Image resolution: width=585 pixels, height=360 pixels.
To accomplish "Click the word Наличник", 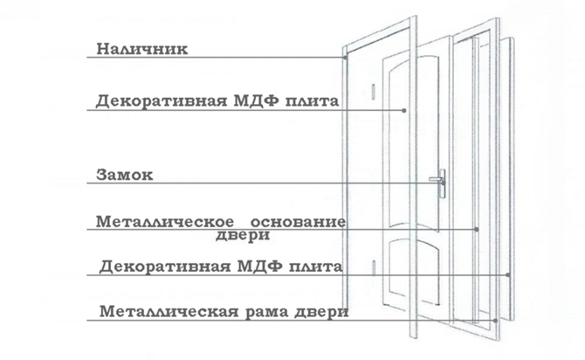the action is (x=142, y=49).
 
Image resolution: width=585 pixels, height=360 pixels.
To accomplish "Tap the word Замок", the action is (x=125, y=175).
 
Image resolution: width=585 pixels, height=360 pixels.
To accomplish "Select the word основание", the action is (x=298, y=222).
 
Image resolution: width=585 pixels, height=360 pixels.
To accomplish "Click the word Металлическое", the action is (x=165, y=222).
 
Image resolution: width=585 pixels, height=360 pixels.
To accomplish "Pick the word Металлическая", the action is (x=169, y=311).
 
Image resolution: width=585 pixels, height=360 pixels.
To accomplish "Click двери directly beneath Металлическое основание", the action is (x=243, y=236).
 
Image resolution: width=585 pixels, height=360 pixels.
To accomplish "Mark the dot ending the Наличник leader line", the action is (x=345, y=58).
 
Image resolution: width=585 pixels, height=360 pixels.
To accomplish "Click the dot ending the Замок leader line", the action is (x=443, y=183).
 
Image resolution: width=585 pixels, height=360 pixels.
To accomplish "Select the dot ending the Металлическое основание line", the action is (x=477, y=229).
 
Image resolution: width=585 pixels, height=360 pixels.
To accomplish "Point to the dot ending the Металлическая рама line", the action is (x=495, y=321).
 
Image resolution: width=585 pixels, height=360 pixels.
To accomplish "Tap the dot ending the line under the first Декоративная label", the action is (x=404, y=111).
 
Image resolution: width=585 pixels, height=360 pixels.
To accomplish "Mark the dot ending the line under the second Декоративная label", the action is (x=508, y=275).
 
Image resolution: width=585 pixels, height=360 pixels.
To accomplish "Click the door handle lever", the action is (x=435, y=179).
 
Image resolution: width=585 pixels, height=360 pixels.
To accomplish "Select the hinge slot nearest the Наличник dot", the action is (x=373, y=92).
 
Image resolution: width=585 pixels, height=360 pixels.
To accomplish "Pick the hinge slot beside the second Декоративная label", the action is (x=374, y=268).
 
